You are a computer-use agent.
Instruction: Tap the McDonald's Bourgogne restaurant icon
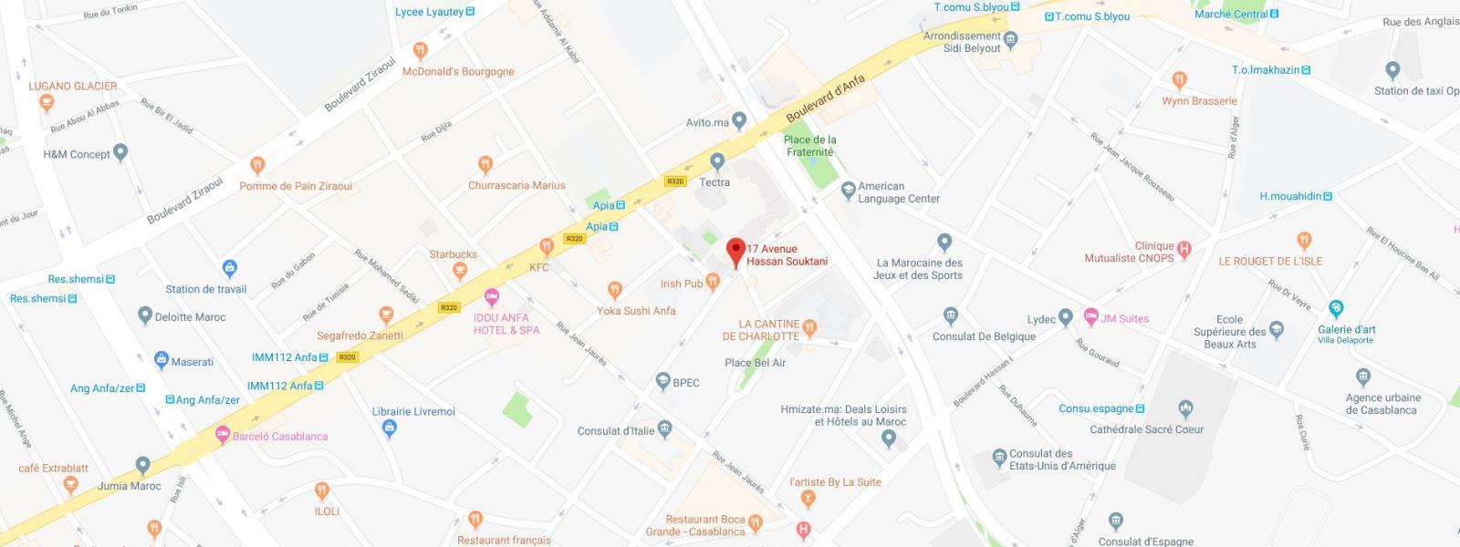(x=420, y=51)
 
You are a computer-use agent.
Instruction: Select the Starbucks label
(x=454, y=254)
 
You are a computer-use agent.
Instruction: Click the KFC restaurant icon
(x=547, y=246)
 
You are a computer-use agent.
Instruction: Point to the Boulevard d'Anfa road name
(x=825, y=98)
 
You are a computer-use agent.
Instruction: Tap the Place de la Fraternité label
(x=809, y=146)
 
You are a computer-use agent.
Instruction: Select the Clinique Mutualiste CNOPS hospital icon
(x=1184, y=248)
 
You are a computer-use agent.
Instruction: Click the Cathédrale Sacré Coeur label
(x=1146, y=429)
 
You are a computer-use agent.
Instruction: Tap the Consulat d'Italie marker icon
(x=665, y=428)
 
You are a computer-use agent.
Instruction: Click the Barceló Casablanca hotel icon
(x=222, y=435)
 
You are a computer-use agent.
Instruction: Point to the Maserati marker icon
(x=162, y=360)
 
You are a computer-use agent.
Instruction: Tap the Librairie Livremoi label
(x=413, y=412)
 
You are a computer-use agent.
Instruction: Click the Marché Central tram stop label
(x=1231, y=14)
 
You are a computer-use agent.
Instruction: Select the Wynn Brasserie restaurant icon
(x=1179, y=80)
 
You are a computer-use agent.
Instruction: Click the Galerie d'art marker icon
(x=1336, y=308)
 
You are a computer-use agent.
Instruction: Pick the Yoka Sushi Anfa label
(x=636, y=311)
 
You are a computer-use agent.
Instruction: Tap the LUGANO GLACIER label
(x=73, y=87)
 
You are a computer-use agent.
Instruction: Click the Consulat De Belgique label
(x=984, y=336)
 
